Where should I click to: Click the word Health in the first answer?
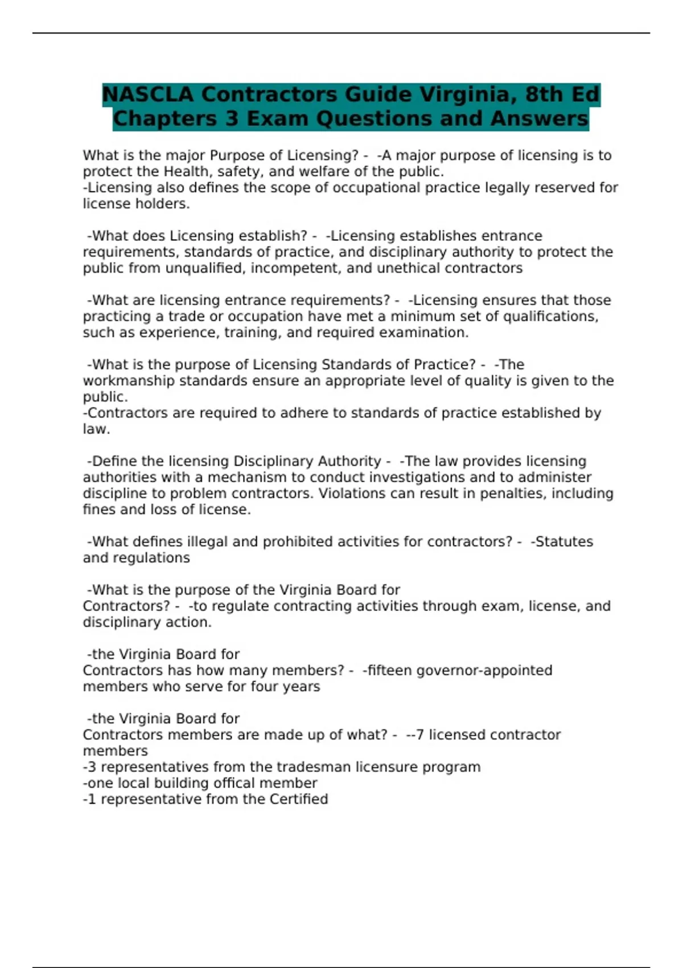pyautogui.click(x=184, y=171)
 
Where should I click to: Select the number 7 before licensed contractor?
pyautogui.click(x=420, y=735)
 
